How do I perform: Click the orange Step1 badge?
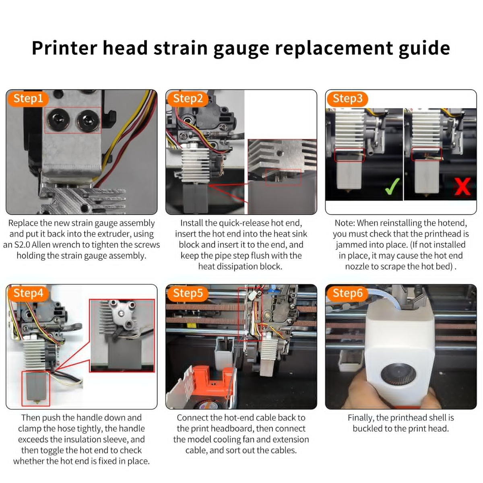pyautogui.click(x=28, y=99)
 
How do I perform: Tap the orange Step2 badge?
pyautogui.click(x=188, y=99)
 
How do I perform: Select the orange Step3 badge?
pyautogui.click(x=347, y=99)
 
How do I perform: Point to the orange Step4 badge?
pyautogui.click(x=28, y=293)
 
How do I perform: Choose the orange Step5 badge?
pyautogui.click(x=188, y=293)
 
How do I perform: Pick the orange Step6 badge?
pyautogui.click(x=347, y=293)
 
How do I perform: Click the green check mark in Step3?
pyautogui.click(x=392, y=186)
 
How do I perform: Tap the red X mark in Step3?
pyautogui.click(x=462, y=186)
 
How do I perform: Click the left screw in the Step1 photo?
pyautogui.click(x=58, y=120)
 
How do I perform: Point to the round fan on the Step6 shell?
pyautogui.click(x=398, y=374)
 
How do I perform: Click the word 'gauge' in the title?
pyautogui.click(x=242, y=49)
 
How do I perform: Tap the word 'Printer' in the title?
pyautogui.click(x=64, y=47)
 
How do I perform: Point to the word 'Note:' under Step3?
pyautogui.click(x=345, y=223)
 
